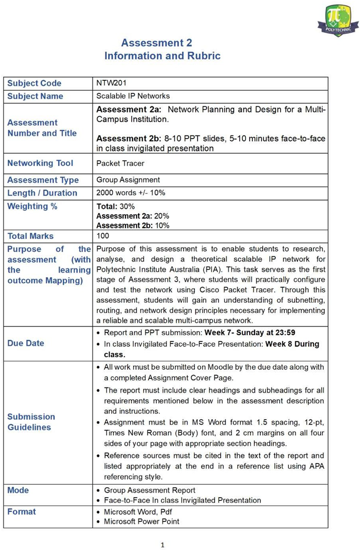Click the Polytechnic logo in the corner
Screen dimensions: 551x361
338,20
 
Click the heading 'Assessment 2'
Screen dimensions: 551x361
157,43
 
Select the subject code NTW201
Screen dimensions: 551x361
111,83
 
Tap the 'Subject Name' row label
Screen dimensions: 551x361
35,96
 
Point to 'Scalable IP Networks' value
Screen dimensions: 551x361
133,96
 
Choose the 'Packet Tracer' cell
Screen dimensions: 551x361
120,163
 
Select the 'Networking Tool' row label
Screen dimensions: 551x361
40,163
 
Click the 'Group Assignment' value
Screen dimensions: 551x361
128,180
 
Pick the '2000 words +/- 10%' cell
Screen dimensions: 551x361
131,193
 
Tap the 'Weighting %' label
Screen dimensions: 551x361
32,206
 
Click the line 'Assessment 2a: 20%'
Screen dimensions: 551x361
133,216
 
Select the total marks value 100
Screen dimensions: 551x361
103,236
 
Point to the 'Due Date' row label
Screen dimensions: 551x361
26,343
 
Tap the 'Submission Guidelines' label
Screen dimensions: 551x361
31,422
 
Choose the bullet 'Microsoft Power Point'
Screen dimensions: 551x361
142,521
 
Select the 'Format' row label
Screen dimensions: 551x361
21,512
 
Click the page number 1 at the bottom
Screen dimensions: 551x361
162,545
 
